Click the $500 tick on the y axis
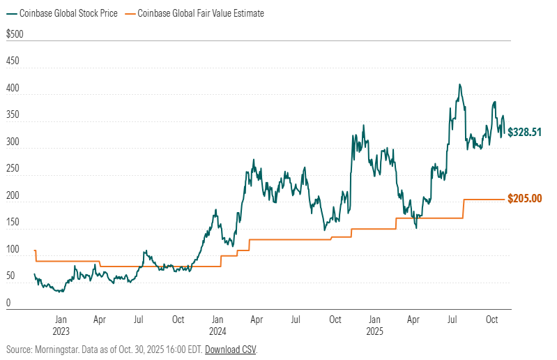14,34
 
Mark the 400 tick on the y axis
13,88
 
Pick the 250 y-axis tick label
13,169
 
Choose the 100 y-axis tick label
13,249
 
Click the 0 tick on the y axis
8,303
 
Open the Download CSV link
231,349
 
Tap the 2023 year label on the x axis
61,331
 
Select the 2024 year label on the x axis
218,331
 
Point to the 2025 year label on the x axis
374,331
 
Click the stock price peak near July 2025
459,85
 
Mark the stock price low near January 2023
60,292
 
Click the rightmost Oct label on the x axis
491,320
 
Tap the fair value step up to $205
464,209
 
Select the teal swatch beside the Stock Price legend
10,13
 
